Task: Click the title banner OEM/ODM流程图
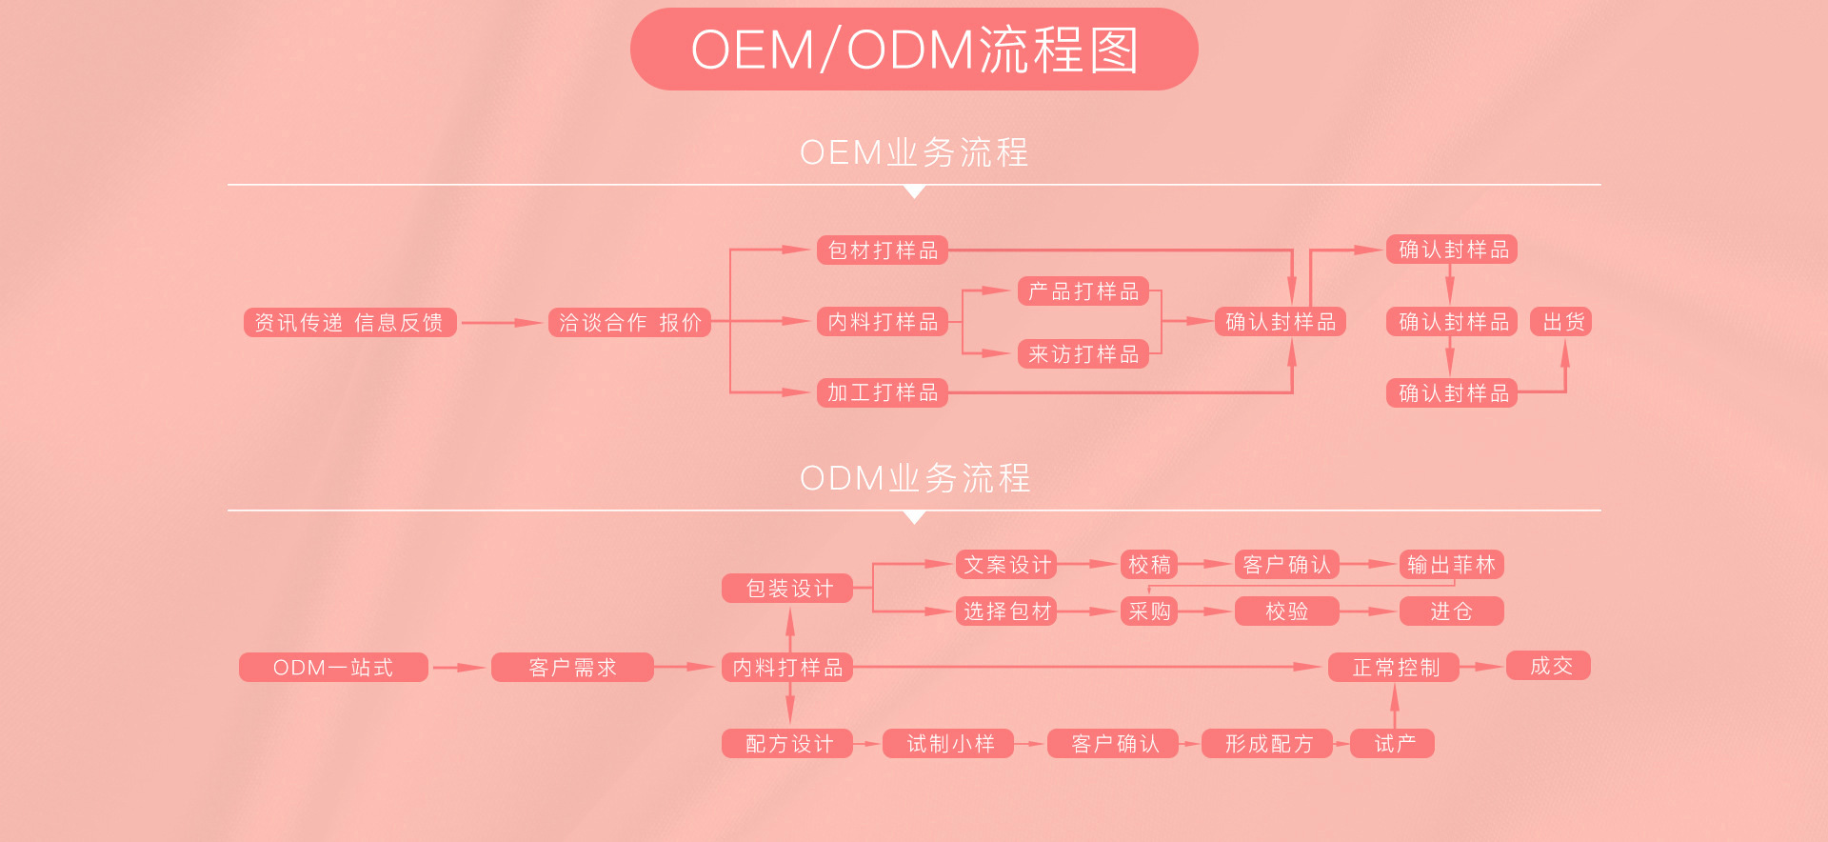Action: [x=914, y=50]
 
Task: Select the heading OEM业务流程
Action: [x=914, y=152]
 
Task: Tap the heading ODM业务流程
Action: [x=914, y=478]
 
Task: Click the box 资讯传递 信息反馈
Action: [x=349, y=323]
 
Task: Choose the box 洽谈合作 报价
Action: [x=629, y=323]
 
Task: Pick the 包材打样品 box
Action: [x=883, y=251]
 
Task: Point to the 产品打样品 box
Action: [x=1083, y=291]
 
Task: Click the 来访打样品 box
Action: [x=1083, y=354]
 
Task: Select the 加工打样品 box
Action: [x=883, y=392]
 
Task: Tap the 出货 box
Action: [x=1561, y=322]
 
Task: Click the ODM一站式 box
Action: [x=333, y=668]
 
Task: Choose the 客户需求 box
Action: [x=572, y=668]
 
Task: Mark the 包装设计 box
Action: [x=787, y=589]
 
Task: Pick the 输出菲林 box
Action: [x=1451, y=565]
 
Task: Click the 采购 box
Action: [x=1149, y=611]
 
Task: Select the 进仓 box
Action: [x=1451, y=611]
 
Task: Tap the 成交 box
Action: [x=1549, y=666]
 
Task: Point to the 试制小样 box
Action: [x=948, y=744]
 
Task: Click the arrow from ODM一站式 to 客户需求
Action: [x=460, y=668]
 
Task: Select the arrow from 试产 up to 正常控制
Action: [x=1395, y=706]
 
